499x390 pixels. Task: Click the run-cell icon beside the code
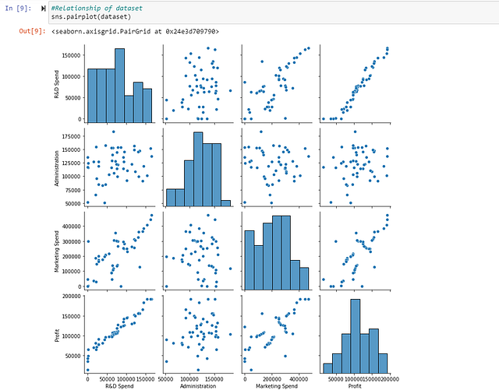tap(42, 8)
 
